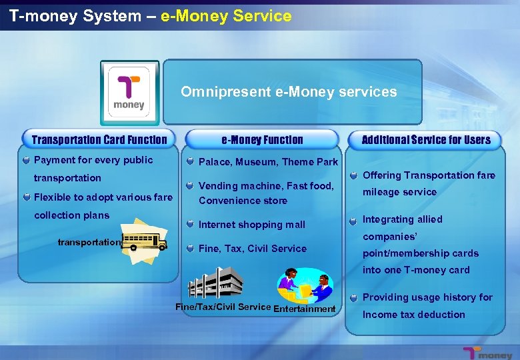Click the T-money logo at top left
[x=129, y=93]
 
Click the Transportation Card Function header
[x=99, y=139]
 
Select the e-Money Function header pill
[x=262, y=139]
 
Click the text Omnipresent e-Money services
[x=289, y=92]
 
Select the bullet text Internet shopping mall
[x=251, y=225]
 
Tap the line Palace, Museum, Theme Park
[x=268, y=162]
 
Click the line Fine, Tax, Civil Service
[x=253, y=249]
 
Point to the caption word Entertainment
[x=304, y=309]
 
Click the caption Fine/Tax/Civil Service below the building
[x=223, y=307]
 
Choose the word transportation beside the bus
[x=89, y=242]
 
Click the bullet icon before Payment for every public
[x=25, y=160]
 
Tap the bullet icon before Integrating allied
[x=353, y=219]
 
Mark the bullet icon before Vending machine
[x=191, y=186]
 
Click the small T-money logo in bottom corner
[x=489, y=353]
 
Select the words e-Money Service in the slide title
[x=226, y=16]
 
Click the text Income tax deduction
[x=413, y=315]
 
